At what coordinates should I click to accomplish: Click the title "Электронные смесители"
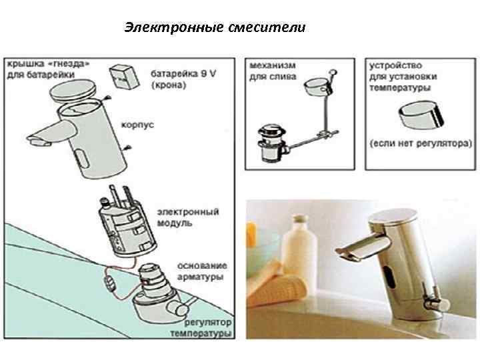(215, 28)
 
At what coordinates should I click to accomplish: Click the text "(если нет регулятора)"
(421, 143)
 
